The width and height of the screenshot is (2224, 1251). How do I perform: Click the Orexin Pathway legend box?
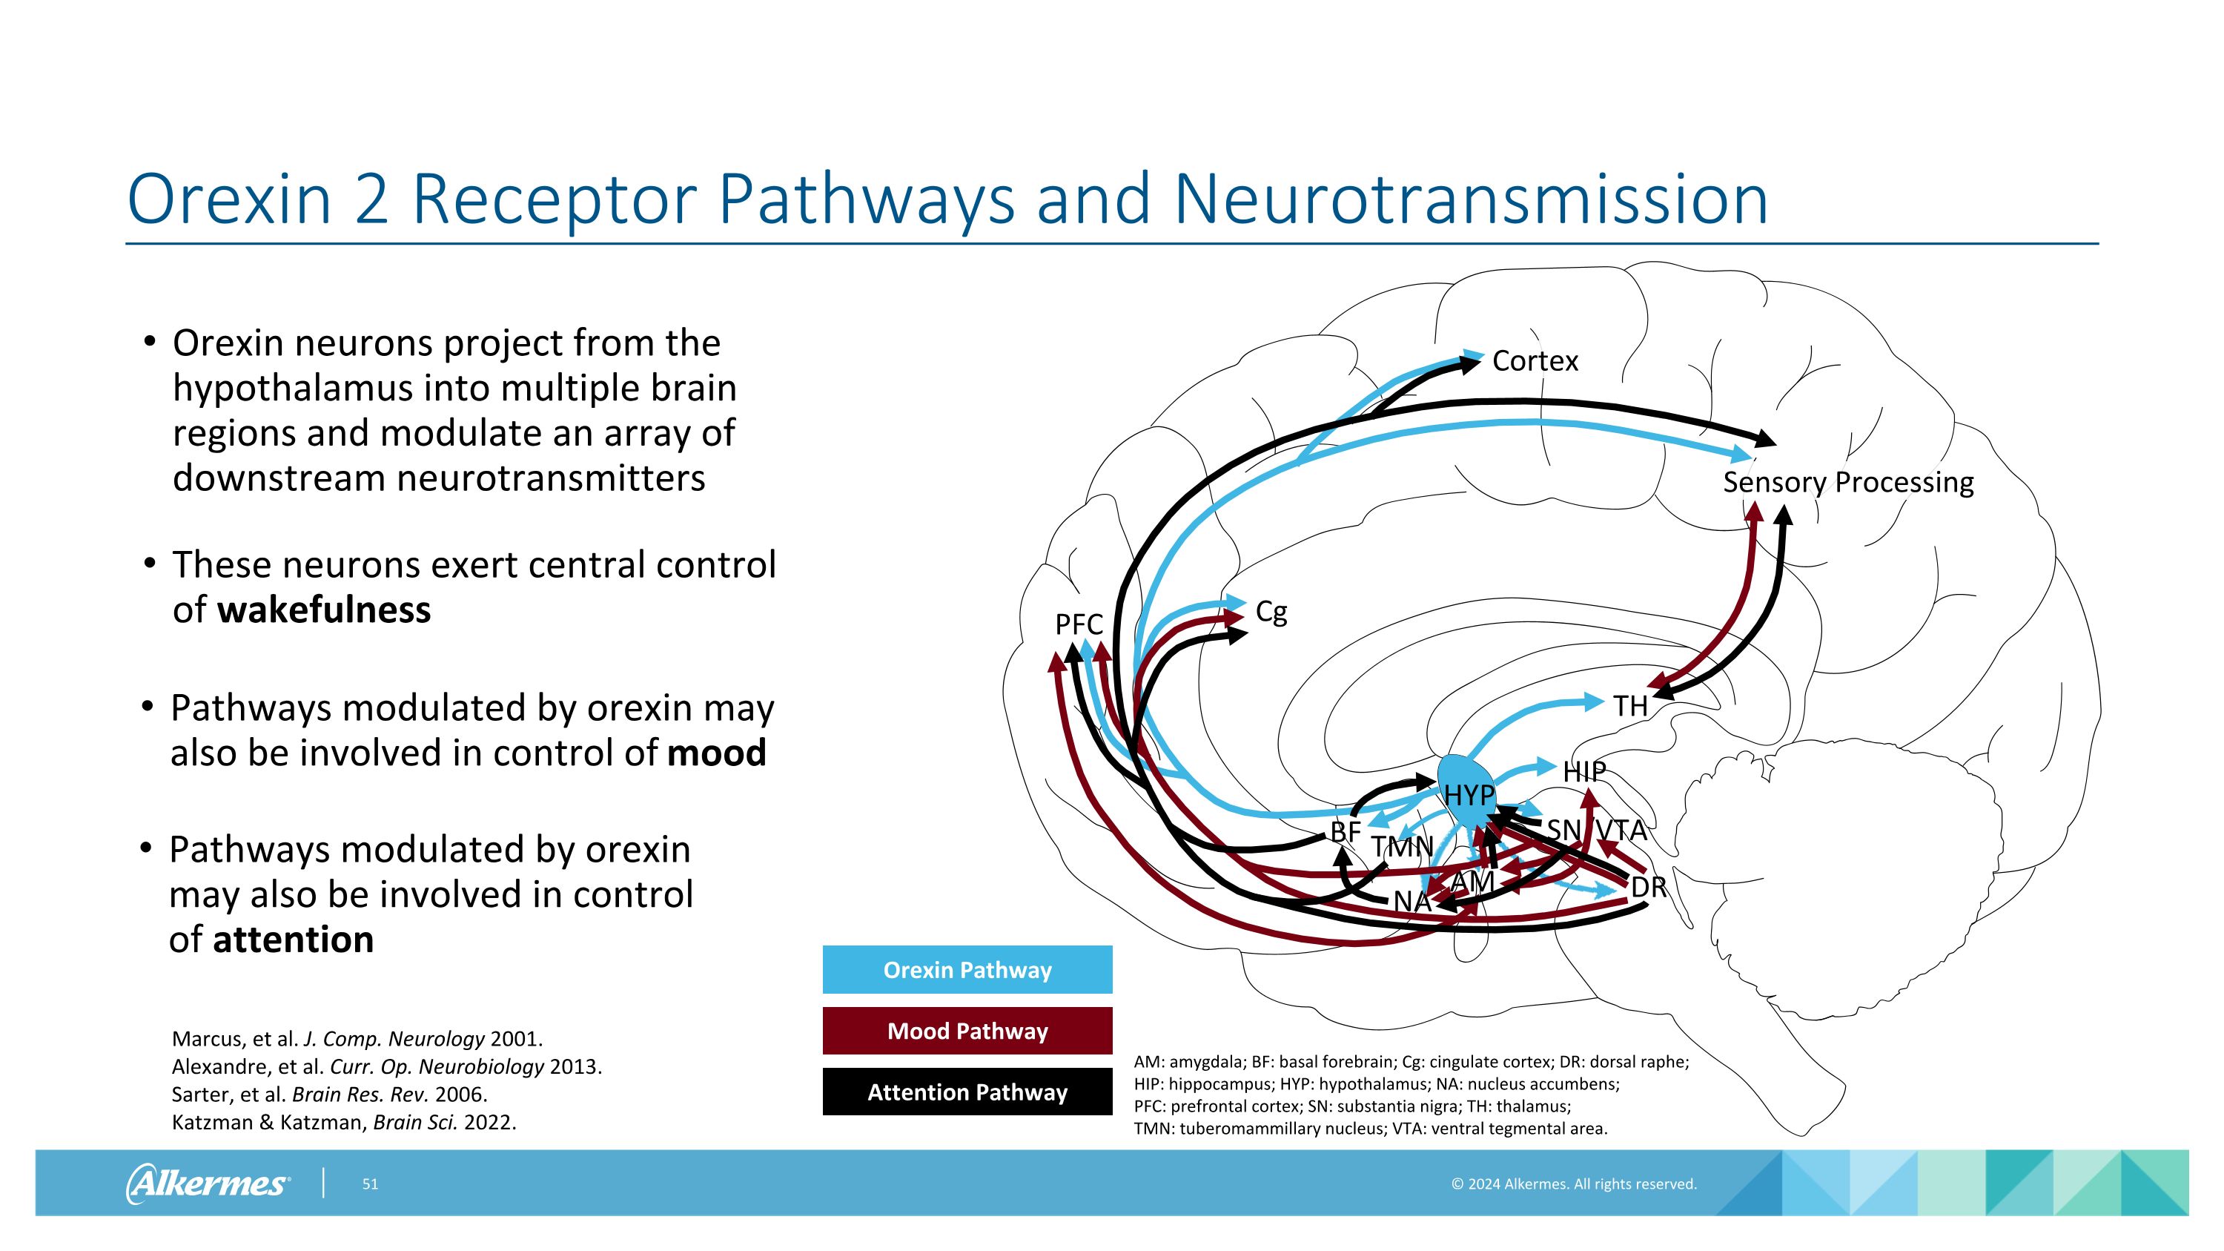coord(967,969)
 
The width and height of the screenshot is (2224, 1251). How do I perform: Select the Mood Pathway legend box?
coord(967,1031)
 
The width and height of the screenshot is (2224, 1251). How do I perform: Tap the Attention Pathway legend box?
coord(967,1092)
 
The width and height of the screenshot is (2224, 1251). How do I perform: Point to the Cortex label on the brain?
coord(1534,361)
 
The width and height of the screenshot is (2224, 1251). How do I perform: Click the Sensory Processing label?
coord(1847,482)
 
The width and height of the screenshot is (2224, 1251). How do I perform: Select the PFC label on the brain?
coord(1079,624)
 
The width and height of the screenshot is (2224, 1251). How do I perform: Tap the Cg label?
coord(1271,611)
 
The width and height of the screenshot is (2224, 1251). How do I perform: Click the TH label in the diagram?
coord(1630,706)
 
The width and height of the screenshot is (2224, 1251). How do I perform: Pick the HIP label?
coord(1584,771)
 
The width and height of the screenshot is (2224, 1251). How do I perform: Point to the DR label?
coord(1647,887)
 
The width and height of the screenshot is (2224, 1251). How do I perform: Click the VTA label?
coord(1621,830)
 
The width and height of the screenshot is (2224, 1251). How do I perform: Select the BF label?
coord(1345,831)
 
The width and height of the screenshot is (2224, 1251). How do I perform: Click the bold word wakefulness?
coord(324,610)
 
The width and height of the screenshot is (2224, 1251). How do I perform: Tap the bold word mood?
coord(717,753)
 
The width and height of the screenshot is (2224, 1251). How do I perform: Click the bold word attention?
coord(294,940)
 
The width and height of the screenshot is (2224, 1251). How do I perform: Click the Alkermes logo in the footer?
coord(208,1183)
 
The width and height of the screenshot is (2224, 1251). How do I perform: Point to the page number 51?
coord(369,1184)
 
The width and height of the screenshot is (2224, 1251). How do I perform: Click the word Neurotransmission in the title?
coord(1470,199)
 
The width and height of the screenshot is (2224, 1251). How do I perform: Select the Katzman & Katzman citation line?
coord(344,1123)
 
